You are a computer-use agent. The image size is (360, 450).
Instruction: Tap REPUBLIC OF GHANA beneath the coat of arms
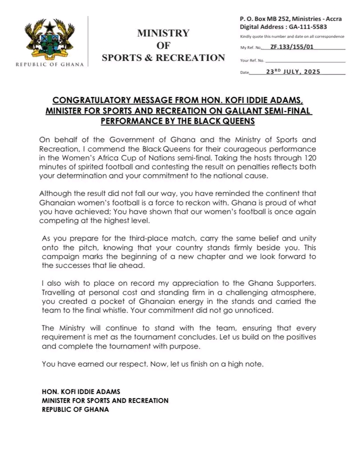(50, 64)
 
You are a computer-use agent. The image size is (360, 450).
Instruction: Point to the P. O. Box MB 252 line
(291, 18)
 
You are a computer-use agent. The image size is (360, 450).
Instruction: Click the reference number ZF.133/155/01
(291, 47)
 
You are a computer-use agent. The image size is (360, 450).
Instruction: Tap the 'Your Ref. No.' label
(252, 60)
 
